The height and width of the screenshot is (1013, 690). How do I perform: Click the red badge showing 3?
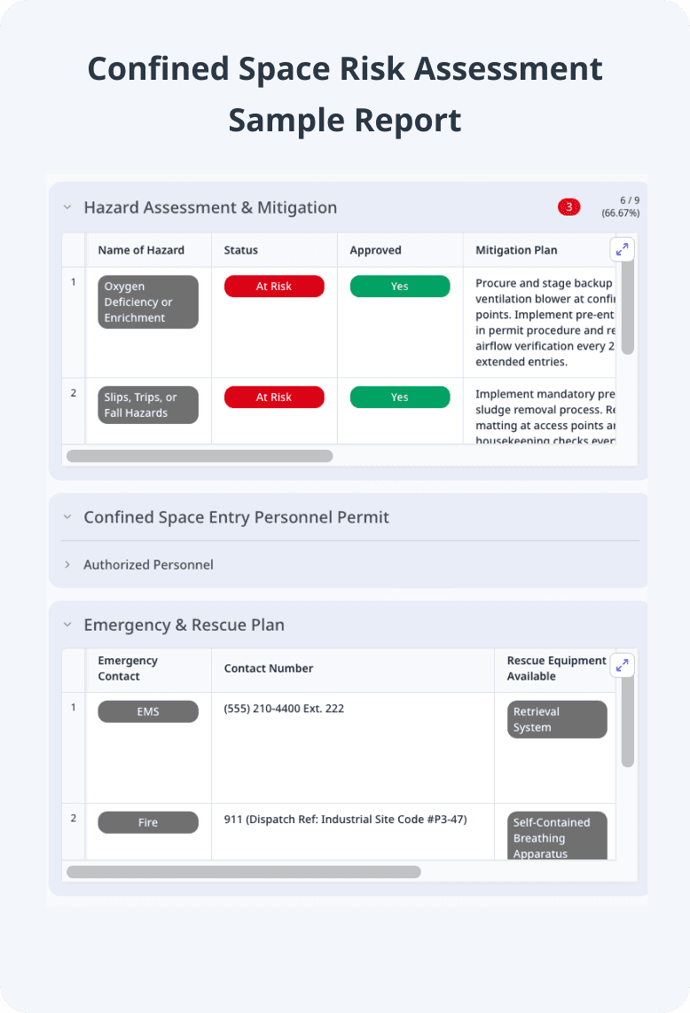[x=568, y=207]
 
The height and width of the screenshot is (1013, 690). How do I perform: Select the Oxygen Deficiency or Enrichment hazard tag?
[x=148, y=302]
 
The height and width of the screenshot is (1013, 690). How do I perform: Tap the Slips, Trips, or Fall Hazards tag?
[x=148, y=405]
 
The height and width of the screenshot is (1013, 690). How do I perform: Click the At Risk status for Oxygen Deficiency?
[x=274, y=287]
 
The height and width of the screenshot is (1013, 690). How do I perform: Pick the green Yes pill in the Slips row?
[x=400, y=397]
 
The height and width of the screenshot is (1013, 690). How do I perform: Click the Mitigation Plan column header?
[x=516, y=250]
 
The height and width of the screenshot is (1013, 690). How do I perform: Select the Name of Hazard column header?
[x=141, y=250]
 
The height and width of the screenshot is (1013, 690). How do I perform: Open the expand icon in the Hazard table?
[x=623, y=249]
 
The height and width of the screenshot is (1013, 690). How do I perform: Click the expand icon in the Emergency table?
[x=623, y=664]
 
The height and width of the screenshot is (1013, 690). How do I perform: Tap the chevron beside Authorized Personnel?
[x=67, y=564]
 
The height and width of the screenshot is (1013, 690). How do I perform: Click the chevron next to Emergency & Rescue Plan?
[x=67, y=624]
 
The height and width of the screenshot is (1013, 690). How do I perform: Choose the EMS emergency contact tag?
[x=148, y=711]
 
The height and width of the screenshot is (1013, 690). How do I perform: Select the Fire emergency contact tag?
[x=148, y=822]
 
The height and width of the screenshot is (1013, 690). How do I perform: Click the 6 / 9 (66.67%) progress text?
[x=621, y=207]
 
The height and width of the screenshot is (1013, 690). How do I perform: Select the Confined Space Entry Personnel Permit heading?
[x=236, y=516]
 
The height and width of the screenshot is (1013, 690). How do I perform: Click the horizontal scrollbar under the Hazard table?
[x=200, y=456]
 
